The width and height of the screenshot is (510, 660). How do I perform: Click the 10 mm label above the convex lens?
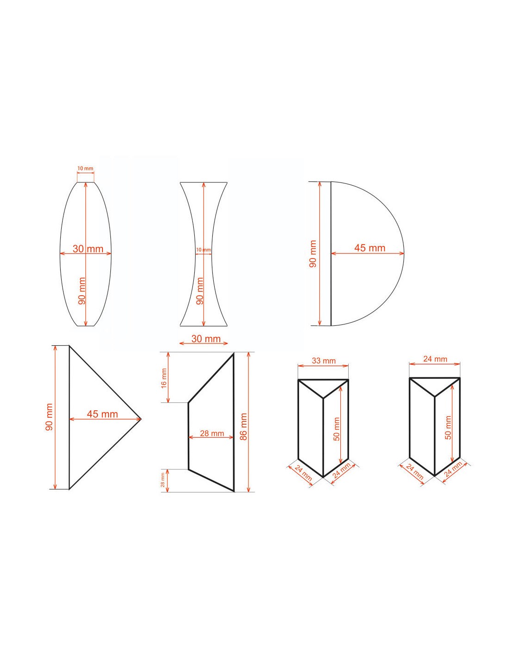pos(85,168)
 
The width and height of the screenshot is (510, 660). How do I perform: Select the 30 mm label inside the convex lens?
pos(88,249)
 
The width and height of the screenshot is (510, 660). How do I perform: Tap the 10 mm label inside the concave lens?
pos(203,250)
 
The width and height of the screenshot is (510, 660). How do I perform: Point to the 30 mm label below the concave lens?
pos(206,338)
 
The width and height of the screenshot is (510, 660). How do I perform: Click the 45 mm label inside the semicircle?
pos(370,248)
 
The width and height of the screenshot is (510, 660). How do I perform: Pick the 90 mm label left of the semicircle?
pos(313,254)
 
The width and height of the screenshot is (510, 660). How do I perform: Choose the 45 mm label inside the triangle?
pos(102,414)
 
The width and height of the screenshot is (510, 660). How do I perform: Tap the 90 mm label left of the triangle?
pos(49,417)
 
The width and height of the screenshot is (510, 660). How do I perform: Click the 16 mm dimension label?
pos(164,378)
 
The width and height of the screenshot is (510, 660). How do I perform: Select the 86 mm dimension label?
pos(243,427)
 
